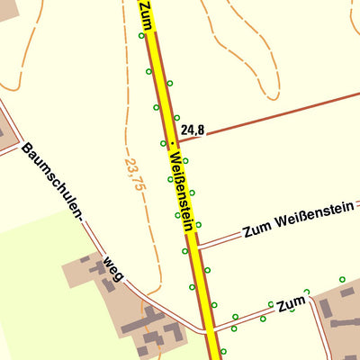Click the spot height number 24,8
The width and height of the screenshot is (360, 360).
193,130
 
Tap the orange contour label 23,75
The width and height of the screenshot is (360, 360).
135,173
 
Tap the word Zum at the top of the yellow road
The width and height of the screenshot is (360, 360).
146,13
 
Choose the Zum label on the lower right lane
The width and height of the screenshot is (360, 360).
291,305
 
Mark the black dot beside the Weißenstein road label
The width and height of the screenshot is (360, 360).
171,143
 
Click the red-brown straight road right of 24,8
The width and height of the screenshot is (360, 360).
288,110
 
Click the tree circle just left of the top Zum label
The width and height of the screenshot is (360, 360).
141,36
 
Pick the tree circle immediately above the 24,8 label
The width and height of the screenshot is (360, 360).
177,116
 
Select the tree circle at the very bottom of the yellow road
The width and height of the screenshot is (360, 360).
223,351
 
